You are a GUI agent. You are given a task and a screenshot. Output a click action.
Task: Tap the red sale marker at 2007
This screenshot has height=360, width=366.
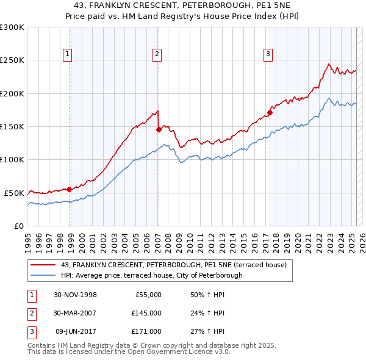pyautogui.click(x=159, y=129)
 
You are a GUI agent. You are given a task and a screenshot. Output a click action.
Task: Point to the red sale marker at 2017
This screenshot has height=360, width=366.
pyautogui.click(x=270, y=112)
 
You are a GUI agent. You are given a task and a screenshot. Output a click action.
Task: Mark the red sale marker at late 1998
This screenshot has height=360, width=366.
pyautogui.click(x=70, y=189)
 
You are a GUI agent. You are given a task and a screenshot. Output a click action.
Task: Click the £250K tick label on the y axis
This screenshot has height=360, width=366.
pyautogui.click(x=12, y=60)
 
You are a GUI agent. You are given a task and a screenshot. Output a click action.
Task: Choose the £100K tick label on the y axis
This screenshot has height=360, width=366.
pyautogui.click(x=12, y=159)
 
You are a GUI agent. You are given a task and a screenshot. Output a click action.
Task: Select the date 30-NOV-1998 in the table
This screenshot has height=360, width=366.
pyautogui.click(x=75, y=295)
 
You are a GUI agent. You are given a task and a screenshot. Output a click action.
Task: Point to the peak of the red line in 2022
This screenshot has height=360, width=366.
pyautogui.click(x=329, y=63)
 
